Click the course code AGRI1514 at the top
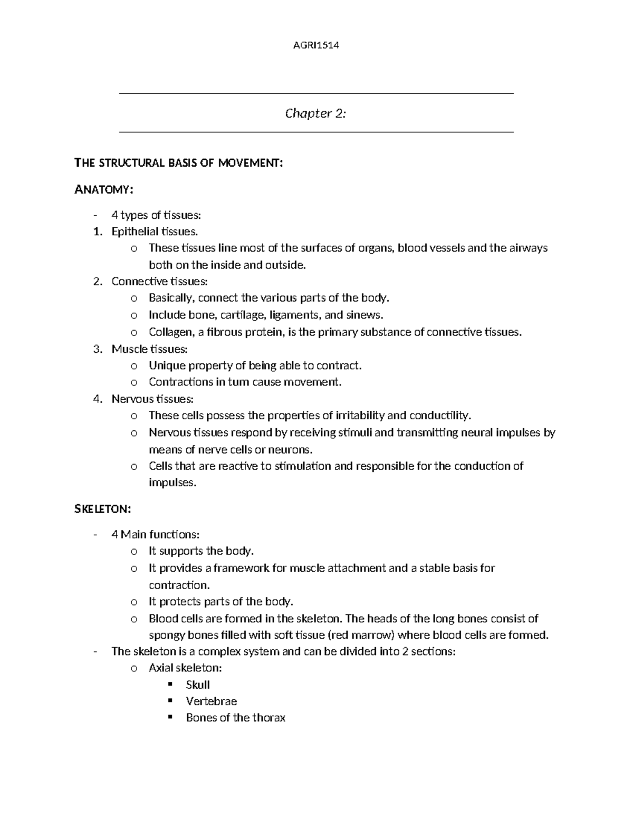click(316, 45)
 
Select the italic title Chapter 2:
click(315, 113)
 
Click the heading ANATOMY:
click(104, 190)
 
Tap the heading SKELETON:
click(102, 509)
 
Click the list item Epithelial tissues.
click(155, 232)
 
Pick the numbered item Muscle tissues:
click(149, 349)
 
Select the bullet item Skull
click(198, 685)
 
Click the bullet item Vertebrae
click(211, 701)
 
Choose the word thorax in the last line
click(268, 718)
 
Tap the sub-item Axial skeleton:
click(185, 668)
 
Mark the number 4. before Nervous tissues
click(98, 399)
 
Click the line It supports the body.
click(201, 551)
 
